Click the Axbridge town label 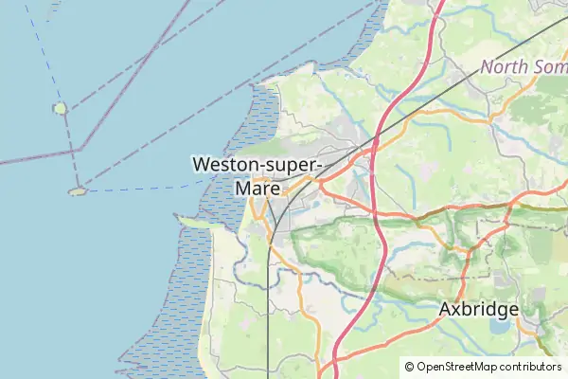pyautogui.click(x=479, y=309)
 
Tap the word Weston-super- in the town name pyautogui.click(x=257, y=164)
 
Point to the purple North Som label pyautogui.click(x=524, y=67)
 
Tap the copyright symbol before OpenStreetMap pyautogui.click(x=409, y=367)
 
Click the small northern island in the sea pyautogui.click(x=61, y=108)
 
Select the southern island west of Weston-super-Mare pyautogui.click(x=78, y=190)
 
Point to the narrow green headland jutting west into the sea pyautogui.click(x=194, y=223)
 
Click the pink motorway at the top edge pyautogui.click(x=438, y=5)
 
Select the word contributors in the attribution pyautogui.click(x=527, y=367)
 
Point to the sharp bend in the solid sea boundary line pyautogui.click(x=81, y=149)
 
